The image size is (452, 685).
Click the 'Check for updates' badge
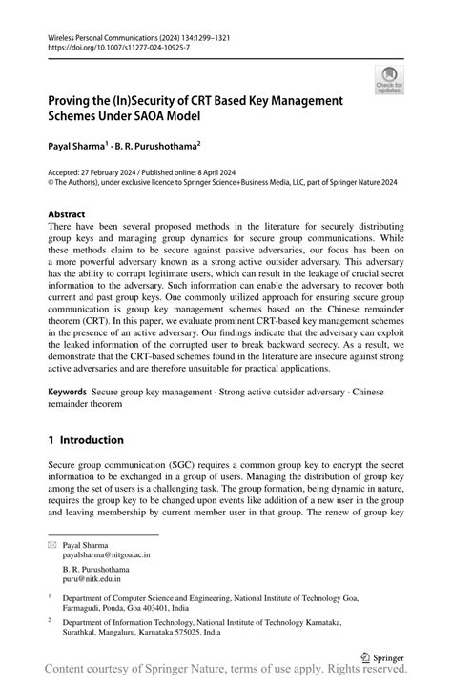click(x=390, y=82)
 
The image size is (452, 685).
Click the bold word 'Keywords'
click(x=68, y=392)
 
